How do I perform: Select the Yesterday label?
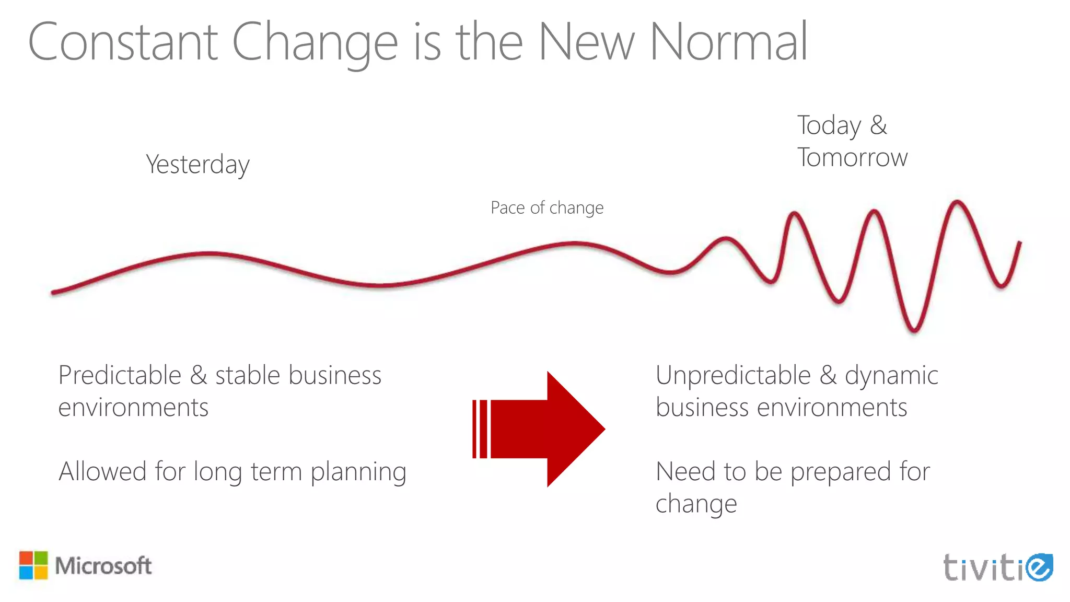point(197,165)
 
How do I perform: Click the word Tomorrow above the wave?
point(852,157)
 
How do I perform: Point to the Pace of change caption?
point(547,208)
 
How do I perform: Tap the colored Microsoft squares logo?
point(33,565)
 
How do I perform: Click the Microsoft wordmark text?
point(103,566)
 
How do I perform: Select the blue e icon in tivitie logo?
point(1039,567)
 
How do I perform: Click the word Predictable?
point(120,375)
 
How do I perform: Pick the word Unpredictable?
point(733,375)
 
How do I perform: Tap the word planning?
point(358,472)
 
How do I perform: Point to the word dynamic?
point(891,375)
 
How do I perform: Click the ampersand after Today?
point(879,125)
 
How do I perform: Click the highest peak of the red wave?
point(957,202)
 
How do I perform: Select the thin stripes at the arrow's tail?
point(480,429)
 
